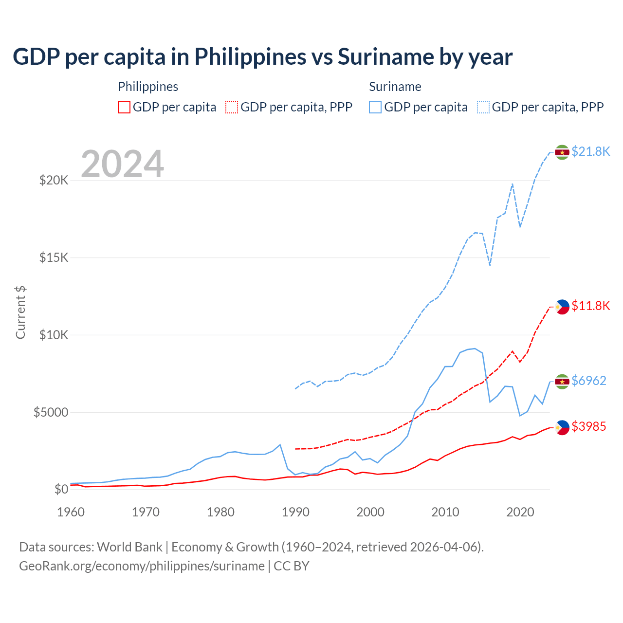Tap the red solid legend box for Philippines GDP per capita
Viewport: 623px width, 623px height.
pyautogui.click(x=124, y=107)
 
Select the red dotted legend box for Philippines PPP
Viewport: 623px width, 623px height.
pyautogui.click(x=232, y=107)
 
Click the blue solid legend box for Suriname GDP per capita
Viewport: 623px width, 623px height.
pyautogui.click(x=375, y=107)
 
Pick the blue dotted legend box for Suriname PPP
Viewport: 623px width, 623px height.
pyautogui.click(x=483, y=107)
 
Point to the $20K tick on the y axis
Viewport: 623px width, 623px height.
pyautogui.click(x=54, y=181)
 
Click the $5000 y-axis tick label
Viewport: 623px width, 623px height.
pyautogui.click(x=51, y=412)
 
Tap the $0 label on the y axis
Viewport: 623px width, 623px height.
pyautogui.click(x=61, y=489)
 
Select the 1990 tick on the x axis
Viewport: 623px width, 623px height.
pyautogui.click(x=295, y=512)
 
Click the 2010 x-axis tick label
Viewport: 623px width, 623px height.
pyautogui.click(x=445, y=512)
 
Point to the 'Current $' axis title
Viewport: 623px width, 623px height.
pyautogui.click(x=20, y=312)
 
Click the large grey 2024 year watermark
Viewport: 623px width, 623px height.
pyautogui.click(x=122, y=164)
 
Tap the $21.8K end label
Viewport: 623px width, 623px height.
pyautogui.click(x=590, y=152)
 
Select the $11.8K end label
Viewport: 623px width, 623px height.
pyautogui.click(x=590, y=306)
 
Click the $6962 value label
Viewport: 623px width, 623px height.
pyautogui.click(x=588, y=381)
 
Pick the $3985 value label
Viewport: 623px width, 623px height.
pyautogui.click(x=588, y=427)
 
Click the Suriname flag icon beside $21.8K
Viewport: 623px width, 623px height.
pyautogui.click(x=562, y=152)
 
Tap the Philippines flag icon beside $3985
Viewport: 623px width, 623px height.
pyautogui.click(x=562, y=427)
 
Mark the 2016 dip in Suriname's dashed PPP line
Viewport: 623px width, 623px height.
pyautogui.click(x=490, y=265)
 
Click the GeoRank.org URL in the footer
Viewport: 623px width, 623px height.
pyautogui.click(x=142, y=566)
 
